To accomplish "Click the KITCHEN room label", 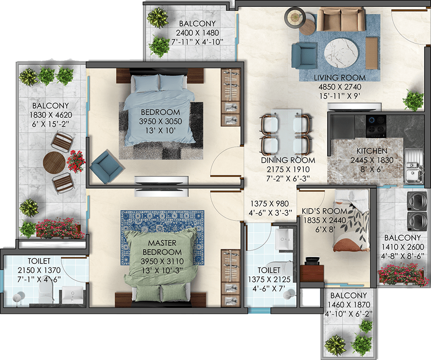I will (x=372, y=151).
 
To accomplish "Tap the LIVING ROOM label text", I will (x=339, y=78).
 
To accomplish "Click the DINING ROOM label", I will (x=288, y=160).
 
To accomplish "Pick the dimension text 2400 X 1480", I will (x=197, y=33).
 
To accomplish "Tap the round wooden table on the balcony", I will (x=54, y=162).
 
